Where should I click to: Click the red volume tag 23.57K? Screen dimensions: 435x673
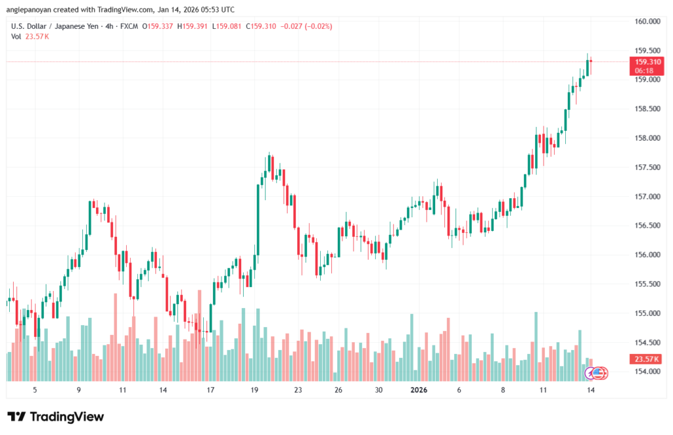coord(644,359)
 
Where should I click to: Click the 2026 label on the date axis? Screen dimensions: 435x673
coord(419,390)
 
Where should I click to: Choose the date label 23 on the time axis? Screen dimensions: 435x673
coord(298,390)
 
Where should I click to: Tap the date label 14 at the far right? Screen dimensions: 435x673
coord(590,390)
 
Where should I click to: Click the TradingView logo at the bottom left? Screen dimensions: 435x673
coord(55,417)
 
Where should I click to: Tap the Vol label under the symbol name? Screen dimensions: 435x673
coord(16,36)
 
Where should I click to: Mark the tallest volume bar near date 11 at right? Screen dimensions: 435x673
coord(536,346)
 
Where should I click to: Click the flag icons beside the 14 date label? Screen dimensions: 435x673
coord(598,373)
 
